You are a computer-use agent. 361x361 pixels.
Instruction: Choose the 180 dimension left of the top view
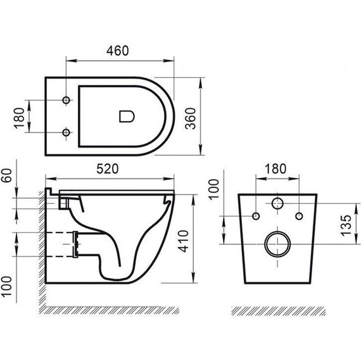point(19,117)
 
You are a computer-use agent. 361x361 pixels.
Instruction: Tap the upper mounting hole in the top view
point(66,100)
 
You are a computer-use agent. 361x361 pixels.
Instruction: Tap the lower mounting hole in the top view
point(66,132)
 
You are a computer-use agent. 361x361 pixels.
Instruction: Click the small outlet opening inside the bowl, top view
point(127,116)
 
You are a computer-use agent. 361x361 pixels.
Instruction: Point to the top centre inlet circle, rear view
point(277,205)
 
